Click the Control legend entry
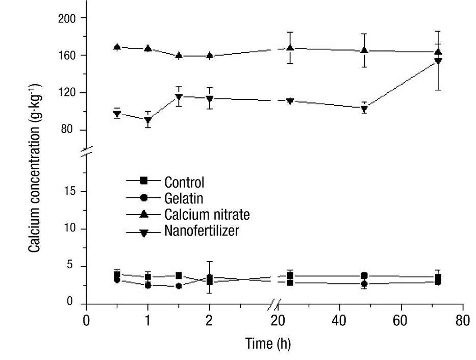point(184,182)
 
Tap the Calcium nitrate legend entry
point(207,214)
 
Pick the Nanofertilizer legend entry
point(202,230)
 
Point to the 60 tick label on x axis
point(401,322)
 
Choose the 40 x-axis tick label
point(339,322)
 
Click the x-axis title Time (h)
point(267,344)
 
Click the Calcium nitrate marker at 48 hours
point(364,50)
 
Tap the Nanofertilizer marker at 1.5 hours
point(179,97)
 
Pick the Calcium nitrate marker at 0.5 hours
point(117,47)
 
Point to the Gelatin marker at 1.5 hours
point(179,286)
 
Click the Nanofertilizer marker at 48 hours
point(364,109)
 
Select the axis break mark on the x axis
point(275,304)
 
